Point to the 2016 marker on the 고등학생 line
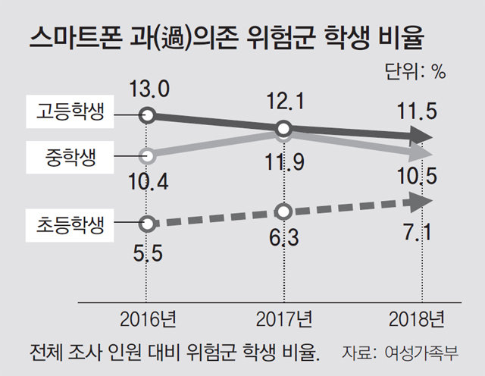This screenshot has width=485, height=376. point(149,116)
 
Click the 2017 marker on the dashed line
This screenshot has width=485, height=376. point(283,212)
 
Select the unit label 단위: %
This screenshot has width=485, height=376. point(415,72)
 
